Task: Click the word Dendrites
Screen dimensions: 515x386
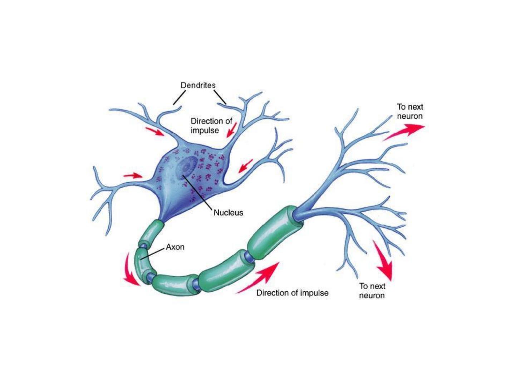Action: (198, 85)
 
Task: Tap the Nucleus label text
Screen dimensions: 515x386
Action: (228, 213)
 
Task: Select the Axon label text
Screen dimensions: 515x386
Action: (175, 247)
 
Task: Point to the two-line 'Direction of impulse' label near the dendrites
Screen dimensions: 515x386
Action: (211, 125)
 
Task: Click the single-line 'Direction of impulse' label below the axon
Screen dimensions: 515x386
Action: (292, 293)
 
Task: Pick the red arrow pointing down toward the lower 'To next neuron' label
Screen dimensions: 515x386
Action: (383, 260)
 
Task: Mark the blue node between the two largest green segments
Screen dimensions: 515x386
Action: (250, 257)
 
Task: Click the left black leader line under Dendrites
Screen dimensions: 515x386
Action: (180, 97)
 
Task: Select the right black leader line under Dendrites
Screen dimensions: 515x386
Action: (220, 97)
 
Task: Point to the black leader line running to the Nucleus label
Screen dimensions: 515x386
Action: (197, 192)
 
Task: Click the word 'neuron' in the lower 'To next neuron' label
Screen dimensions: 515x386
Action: (372, 296)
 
